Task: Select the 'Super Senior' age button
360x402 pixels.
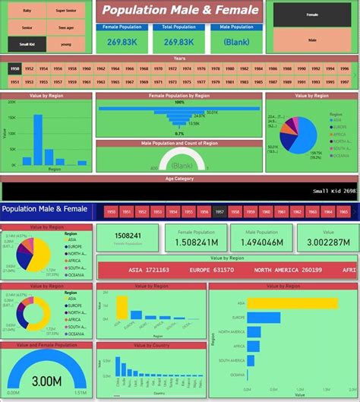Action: pos(66,11)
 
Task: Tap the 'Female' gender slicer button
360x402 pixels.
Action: pos(312,14)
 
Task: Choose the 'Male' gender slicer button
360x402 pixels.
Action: pos(312,40)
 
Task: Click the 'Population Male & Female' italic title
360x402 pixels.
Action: pos(179,10)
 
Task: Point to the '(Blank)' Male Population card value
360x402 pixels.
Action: pos(237,43)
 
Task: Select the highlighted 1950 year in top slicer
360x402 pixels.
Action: pos(14,68)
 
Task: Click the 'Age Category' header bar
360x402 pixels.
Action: pos(179,179)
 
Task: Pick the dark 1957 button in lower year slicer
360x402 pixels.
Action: pos(220,211)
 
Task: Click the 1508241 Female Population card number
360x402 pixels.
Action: pos(127,236)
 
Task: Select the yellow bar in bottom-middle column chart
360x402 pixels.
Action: pos(122,307)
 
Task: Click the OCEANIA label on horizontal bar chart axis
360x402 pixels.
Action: pos(236,375)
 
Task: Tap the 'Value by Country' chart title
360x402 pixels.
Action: pos(150,344)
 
